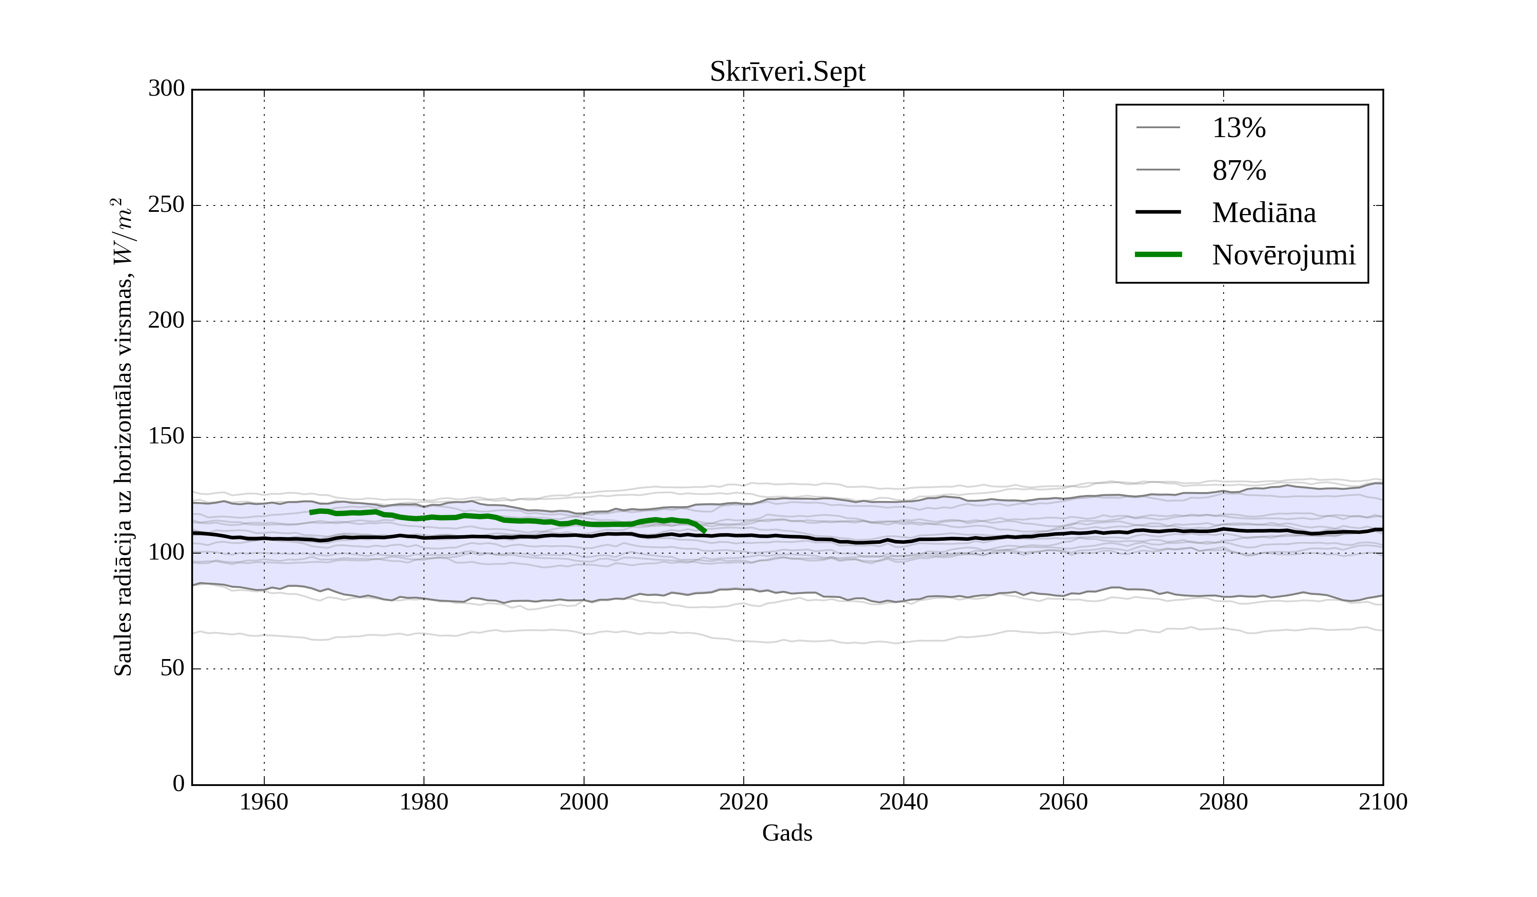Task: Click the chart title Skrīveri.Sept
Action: tap(787, 72)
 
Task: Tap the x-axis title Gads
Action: tap(787, 833)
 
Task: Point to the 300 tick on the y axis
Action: tap(167, 89)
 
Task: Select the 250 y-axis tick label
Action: tap(167, 205)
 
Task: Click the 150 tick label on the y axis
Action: tap(167, 437)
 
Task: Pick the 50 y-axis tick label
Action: tap(172, 669)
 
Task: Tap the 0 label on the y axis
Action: tap(179, 784)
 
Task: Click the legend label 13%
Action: tap(1239, 128)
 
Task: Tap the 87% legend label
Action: tap(1239, 170)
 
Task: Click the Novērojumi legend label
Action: tap(1283, 255)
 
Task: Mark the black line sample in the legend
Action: tap(1158, 212)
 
